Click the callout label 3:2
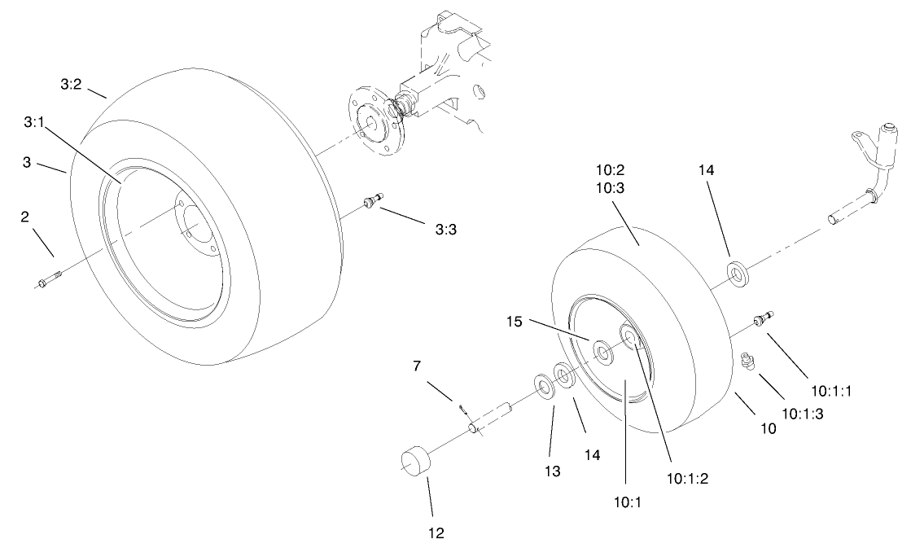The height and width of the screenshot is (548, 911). point(71,83)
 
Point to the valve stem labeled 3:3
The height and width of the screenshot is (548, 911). point(374,199)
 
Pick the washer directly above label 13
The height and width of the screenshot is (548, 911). point(543,384)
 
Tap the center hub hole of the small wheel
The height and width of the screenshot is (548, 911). point(605,353)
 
